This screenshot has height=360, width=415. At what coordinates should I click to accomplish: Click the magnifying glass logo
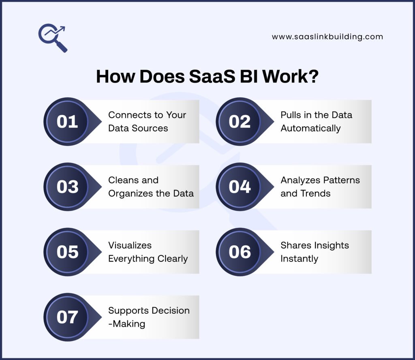coord(52,38)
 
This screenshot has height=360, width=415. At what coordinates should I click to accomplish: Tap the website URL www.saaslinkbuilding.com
coord(327,36)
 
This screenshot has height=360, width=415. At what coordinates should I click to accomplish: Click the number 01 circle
coord(67,122)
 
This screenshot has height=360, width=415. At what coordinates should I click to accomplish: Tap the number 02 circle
coord(240,122)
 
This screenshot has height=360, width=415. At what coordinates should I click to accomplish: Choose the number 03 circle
coord(67,187)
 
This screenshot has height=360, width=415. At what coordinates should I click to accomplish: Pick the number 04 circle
coord(240,187)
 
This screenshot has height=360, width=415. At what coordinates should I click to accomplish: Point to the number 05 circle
coord(67,252)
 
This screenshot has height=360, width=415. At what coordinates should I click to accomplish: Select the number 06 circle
coord(240,252)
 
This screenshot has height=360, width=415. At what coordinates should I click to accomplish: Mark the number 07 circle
coord(67,317)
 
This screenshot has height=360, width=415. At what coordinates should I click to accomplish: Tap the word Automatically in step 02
coord(310,128)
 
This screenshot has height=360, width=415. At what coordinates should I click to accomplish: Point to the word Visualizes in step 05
coord(130,245)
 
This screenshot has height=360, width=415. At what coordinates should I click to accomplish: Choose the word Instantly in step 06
coord(299,258)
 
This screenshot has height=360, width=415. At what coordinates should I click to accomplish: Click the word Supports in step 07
coord(126,311)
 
